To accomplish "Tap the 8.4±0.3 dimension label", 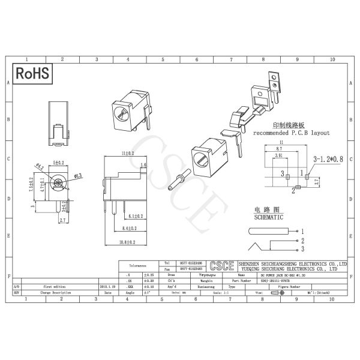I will click(129, 229).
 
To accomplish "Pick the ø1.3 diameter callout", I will click(78, 176).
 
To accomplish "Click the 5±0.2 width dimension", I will click(58, 163).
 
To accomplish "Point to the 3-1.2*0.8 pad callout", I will click(328, 160).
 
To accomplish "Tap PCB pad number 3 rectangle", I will click(287, 176).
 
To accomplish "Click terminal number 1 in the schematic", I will click(303, 231).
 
